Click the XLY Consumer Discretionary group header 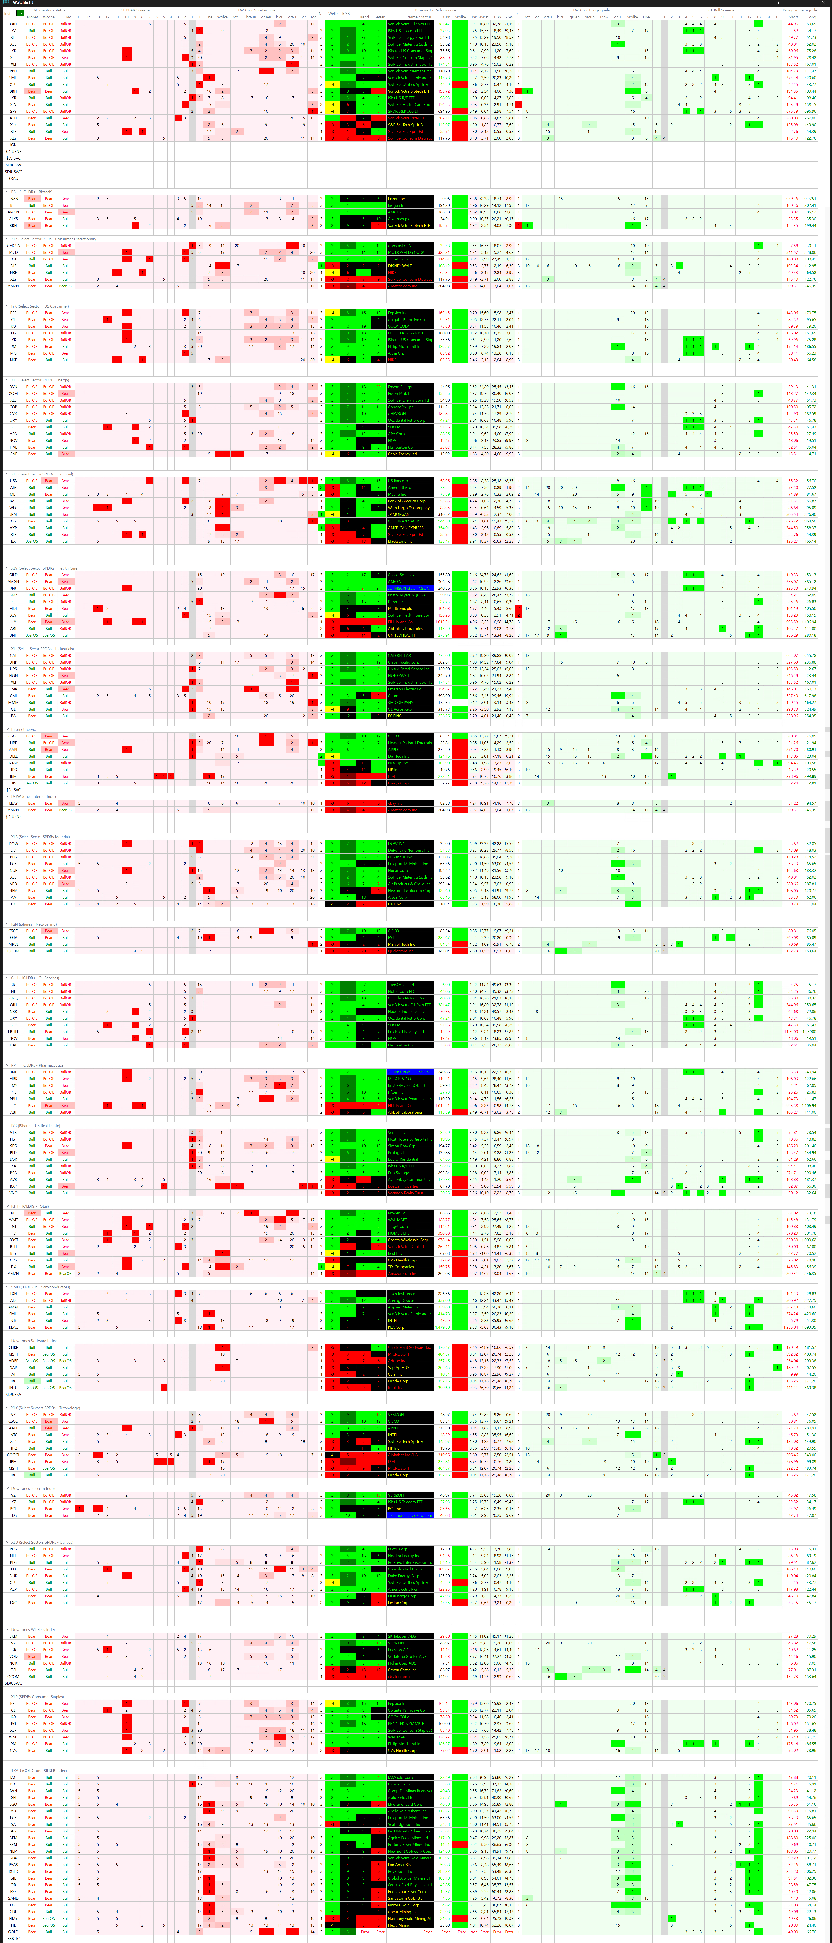(x=53, y=238)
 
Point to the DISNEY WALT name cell (x=400, y=265)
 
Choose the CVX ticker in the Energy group (x=14, y=413)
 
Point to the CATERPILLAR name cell (x=400, y=656)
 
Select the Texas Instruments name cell (x=404, y=1294)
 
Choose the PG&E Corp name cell (x=398, y=1549)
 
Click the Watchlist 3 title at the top (x=23, y=2)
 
